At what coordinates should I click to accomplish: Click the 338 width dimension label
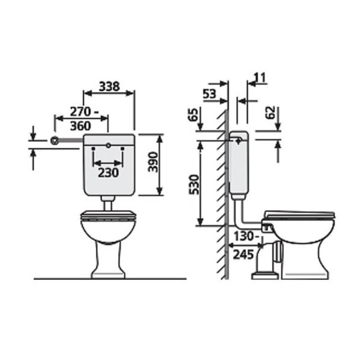pos(109,87)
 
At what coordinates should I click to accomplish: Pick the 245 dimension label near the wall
pos(243,254)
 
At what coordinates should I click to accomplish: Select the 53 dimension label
pos(210,94)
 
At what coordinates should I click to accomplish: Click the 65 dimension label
pos(193,115)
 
